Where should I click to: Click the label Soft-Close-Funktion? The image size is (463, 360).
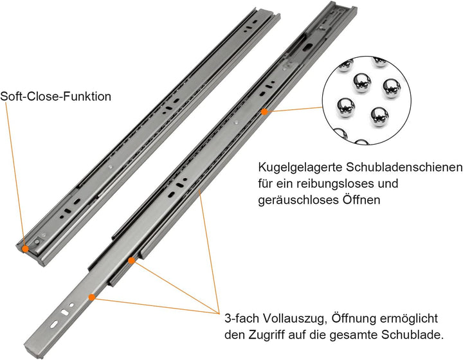coord(56,97)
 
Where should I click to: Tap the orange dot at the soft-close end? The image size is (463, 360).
coord(24,247)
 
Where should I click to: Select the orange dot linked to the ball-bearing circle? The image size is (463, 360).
coord(264,111)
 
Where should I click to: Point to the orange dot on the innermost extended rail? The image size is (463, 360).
coord(93,297)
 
